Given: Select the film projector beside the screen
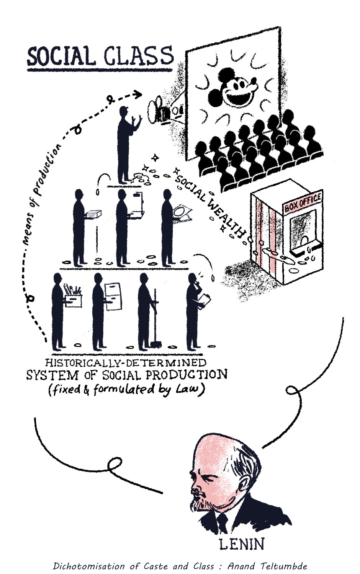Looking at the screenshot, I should tap(161, 111).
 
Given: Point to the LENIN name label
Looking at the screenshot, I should tap(241, 544).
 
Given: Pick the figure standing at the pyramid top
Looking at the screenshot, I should tap(125, 145).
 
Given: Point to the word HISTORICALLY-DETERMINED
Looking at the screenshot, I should tap(126, 362).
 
